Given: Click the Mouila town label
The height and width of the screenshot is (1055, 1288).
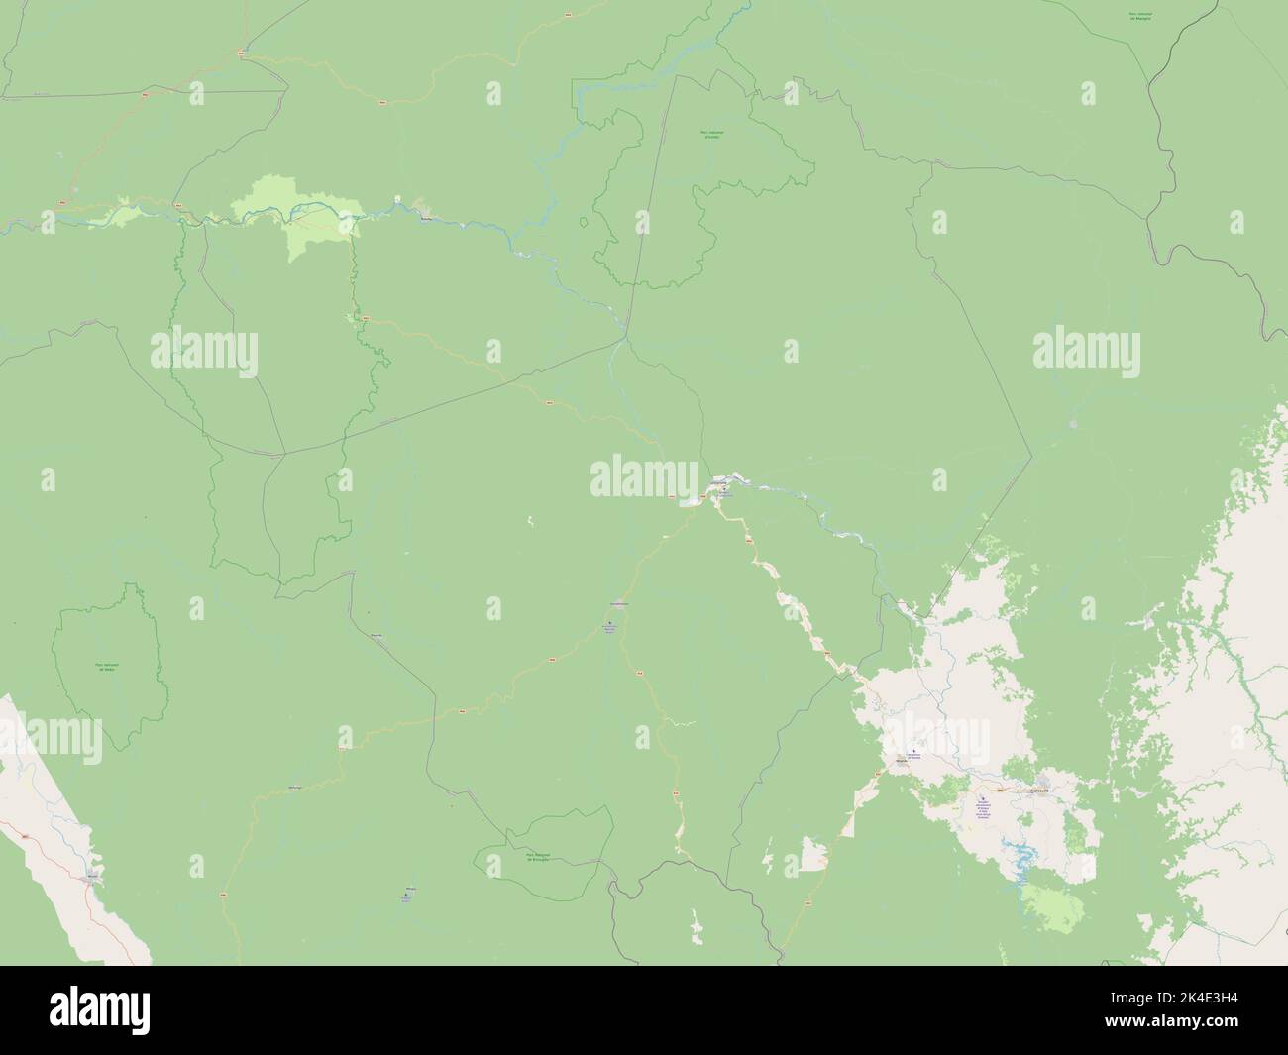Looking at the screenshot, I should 92,876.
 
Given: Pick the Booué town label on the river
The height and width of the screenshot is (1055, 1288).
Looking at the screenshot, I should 427,220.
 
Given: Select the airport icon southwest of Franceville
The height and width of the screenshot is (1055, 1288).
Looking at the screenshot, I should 983,800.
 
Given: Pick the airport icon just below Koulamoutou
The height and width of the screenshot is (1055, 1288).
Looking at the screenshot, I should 610,623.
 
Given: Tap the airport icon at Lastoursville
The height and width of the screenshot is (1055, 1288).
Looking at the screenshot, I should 724,487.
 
